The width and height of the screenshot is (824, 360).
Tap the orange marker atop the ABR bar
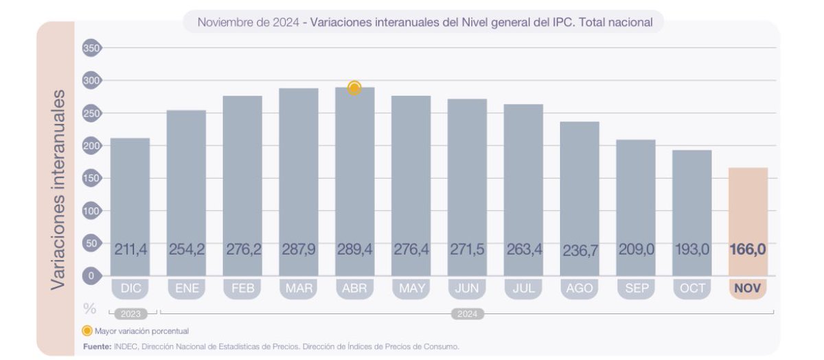[x=354, y=88]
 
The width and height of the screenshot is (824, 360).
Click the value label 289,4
[x=354, y=249]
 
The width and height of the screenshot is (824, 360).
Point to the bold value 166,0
[x=748, y=249]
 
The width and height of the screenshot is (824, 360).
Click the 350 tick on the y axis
[x=91, y=48]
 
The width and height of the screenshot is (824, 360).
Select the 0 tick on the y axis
[x=91, y=275]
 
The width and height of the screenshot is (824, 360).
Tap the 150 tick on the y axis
[x=91, y=178]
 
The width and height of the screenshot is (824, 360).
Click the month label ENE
[x=186, y=289]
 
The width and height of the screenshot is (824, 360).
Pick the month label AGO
[x=579, y=289]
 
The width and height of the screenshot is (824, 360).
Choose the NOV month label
[x=748, y=289]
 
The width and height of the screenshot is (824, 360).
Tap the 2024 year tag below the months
[x=467, y=314]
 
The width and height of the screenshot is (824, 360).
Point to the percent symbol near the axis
[x=89, y=308]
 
